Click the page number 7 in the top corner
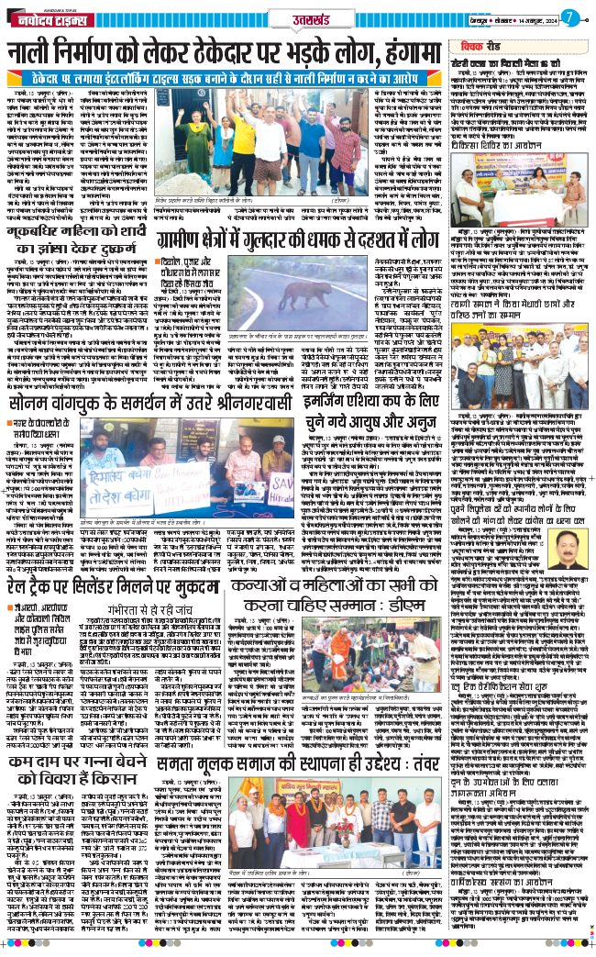pos(569,16)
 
